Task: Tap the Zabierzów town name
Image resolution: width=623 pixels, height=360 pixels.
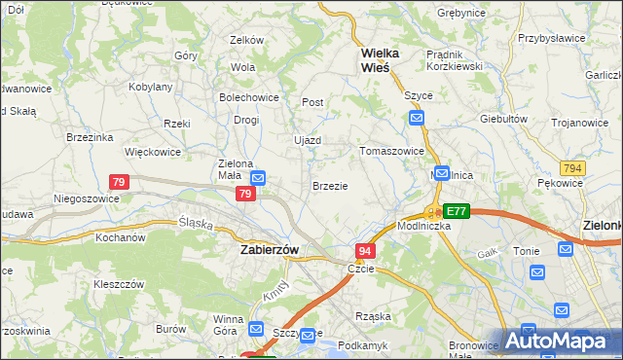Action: click(x=270, y=249)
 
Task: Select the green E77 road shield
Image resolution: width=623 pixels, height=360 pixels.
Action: click(x=457, y=210)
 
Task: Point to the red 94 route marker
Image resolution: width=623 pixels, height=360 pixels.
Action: click(x=365, y=251)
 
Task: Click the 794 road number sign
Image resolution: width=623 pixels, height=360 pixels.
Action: click(x=572, y=168)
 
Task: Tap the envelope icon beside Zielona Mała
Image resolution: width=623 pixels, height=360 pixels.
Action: click(x=259, y=178)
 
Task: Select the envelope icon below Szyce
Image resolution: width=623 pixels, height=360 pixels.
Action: click(x=417, y=118)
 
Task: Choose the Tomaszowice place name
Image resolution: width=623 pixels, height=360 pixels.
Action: click(x=391, y=151)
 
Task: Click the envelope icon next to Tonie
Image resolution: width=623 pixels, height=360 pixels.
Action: click(x=567, y=249)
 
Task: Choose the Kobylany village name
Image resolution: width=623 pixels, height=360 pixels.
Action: click(x=151, y=87)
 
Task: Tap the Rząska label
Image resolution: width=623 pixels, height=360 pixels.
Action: click(x=373, y=313)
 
